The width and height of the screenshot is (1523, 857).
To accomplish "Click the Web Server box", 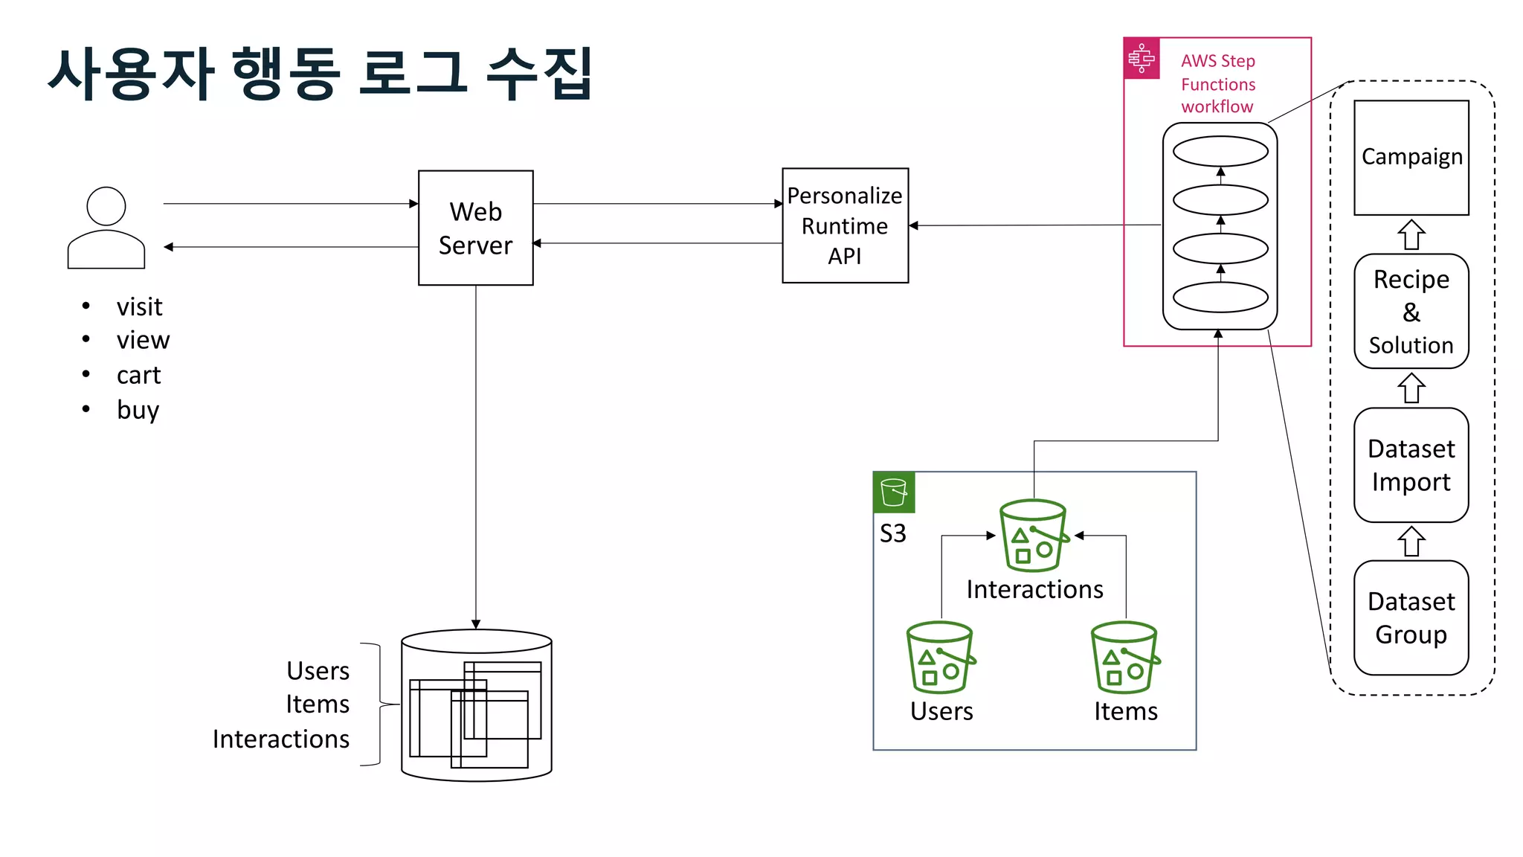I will (x=475, y=228).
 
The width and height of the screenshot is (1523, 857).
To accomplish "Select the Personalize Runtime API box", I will (x=845, y=225).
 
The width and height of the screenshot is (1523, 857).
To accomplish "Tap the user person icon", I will (x=106, y=228).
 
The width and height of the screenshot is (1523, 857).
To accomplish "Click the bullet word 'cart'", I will (x=138, y=375).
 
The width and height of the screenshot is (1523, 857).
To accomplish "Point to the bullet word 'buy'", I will (x=138, y=410).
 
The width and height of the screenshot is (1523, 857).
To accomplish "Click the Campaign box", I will (x=1411, y=158).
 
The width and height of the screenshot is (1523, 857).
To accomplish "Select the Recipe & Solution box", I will (x=1411, y=312).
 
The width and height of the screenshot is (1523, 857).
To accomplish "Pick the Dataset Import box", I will (x=1411, y=465).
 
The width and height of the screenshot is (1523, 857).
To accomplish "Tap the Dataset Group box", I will (x=1411, y=617).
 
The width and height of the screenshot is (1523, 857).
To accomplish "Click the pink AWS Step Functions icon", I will (x=1141, y=58).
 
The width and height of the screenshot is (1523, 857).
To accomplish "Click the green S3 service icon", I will (x=893, y=492).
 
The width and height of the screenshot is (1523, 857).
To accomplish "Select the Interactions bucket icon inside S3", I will (x=1034, y=535).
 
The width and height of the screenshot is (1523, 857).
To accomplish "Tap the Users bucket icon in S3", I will (x=940, y=658).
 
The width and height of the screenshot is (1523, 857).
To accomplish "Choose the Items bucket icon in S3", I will (x=1124, y=658).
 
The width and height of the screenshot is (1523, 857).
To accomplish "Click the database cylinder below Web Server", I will (x=476, y=705).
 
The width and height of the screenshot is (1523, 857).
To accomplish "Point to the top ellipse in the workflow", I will (x=1220, y=152).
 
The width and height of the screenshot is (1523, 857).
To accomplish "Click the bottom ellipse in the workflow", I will (x=1220, y=298).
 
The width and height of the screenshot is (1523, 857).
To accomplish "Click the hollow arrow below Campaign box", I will (x=1411, y=235).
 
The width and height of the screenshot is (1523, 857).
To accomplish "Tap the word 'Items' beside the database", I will (x=318, y=704).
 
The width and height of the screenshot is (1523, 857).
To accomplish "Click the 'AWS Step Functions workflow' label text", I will (x=1217, y=83).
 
